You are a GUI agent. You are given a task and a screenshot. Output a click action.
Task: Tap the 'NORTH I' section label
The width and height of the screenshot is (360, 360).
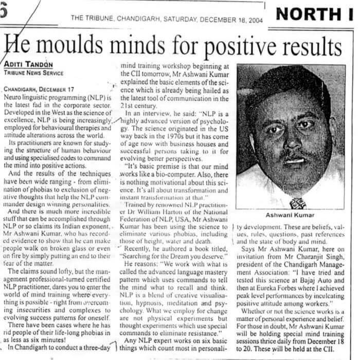tap(315, 14)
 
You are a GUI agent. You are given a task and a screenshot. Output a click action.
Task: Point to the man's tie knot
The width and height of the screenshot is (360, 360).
tap(298, 203)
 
